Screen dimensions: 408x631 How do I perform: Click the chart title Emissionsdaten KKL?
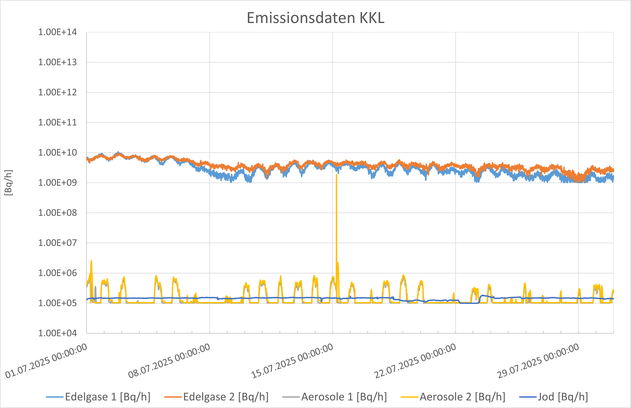315,18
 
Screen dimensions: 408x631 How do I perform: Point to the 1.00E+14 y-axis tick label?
58,32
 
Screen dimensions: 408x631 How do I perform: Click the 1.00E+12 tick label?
58,92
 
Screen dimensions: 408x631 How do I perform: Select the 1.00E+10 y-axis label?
58,153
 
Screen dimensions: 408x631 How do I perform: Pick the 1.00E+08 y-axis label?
58,213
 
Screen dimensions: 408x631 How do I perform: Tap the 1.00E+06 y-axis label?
58,273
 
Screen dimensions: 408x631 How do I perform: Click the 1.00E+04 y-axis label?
58,333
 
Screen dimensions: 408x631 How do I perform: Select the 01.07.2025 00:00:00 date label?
47,361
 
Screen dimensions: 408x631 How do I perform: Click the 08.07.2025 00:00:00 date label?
169,361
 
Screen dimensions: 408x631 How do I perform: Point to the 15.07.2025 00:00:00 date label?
292,361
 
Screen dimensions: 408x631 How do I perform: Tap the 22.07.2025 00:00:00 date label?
415,361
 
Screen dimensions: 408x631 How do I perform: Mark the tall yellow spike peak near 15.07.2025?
336,175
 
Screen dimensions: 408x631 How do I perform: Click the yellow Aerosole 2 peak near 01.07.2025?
91,261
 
